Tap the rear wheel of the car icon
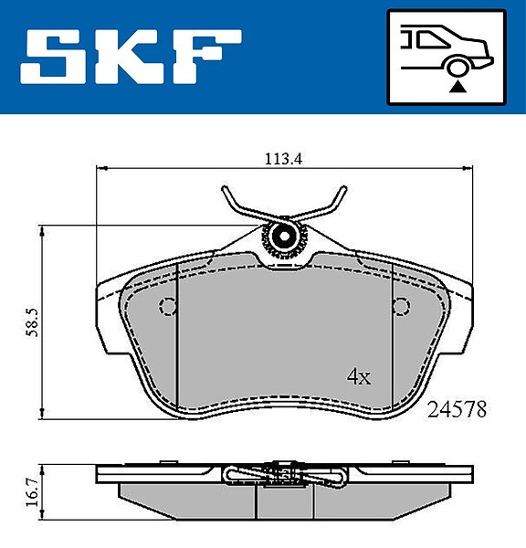458,68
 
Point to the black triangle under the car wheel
458,87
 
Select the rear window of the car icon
431,39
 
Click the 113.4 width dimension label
283,159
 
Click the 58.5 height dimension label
33,322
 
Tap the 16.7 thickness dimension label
33,492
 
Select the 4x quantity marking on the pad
359,376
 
